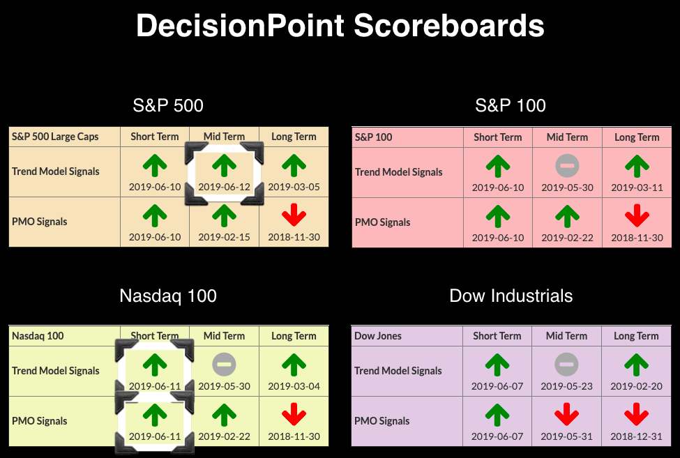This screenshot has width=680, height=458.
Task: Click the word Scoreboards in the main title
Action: pos(449,26)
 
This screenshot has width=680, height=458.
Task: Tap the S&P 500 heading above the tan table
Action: pos(168,105)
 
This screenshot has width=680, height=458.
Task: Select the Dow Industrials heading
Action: pos(511,296)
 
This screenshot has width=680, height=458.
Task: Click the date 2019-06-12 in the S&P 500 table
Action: pos(224,188)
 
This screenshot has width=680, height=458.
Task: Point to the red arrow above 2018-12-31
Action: pos(636,414)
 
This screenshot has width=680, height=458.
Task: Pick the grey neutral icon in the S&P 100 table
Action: pos(567,166)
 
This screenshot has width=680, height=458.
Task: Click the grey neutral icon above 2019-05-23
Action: pos(566,365)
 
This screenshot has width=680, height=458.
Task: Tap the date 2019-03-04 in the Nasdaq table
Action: pos(294,386)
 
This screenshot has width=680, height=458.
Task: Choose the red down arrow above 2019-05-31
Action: pos(566,414)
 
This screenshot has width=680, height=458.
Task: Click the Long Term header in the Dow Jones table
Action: pos(636,336)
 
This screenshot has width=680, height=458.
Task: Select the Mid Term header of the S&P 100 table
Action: pos(567,137)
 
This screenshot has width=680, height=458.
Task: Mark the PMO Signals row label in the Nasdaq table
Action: pos(40,421)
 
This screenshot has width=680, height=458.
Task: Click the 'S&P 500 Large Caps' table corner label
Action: pos(55,137)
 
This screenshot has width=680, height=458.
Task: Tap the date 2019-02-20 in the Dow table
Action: pos(636,386)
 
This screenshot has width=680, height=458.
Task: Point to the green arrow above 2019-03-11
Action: pos(637,167)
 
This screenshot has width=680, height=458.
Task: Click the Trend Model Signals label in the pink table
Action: pos(398,172)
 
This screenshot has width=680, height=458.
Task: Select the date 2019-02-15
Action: pos(224,238)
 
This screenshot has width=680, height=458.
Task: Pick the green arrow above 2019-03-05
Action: pos(294,165)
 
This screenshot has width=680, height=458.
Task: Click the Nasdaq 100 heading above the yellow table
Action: pos(168,296)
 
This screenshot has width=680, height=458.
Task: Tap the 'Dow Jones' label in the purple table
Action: pos(378,336)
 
